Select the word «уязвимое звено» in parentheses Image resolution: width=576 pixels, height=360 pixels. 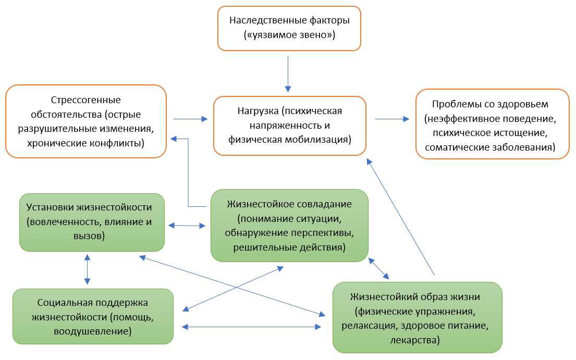click(x=289, y=35)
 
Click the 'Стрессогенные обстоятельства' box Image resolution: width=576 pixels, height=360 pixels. click(x=86, y=121)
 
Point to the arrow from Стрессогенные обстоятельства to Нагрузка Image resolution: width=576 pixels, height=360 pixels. click(x=190, y=119)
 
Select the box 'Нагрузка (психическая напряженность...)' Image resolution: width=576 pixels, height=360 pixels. click(x=290, y=126)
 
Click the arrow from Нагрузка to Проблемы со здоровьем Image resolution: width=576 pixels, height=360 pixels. click(x=392, y=119)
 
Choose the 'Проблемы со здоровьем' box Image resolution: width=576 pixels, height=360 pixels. click(x=493, y=123)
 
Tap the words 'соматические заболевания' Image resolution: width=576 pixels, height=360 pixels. click(x=490, y=148)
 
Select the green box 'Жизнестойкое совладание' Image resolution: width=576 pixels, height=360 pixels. click(x=289, y=225)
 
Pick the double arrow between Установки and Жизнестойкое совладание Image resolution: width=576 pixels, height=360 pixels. click(x=187, y=226)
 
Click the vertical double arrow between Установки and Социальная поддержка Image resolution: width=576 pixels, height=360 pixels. click(x=87, y=269)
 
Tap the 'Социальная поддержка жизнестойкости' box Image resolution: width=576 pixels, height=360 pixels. click(x=93, y=316)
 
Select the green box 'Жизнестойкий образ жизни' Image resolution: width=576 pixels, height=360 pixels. click(x=418, y=318)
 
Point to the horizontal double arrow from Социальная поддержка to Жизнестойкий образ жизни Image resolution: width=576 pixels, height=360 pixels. click(x=252, y=327)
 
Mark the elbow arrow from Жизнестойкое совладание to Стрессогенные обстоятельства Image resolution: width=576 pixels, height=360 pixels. click(x=188, y=172)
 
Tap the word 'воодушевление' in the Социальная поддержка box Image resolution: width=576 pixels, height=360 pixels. click(x=93, y=331)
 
